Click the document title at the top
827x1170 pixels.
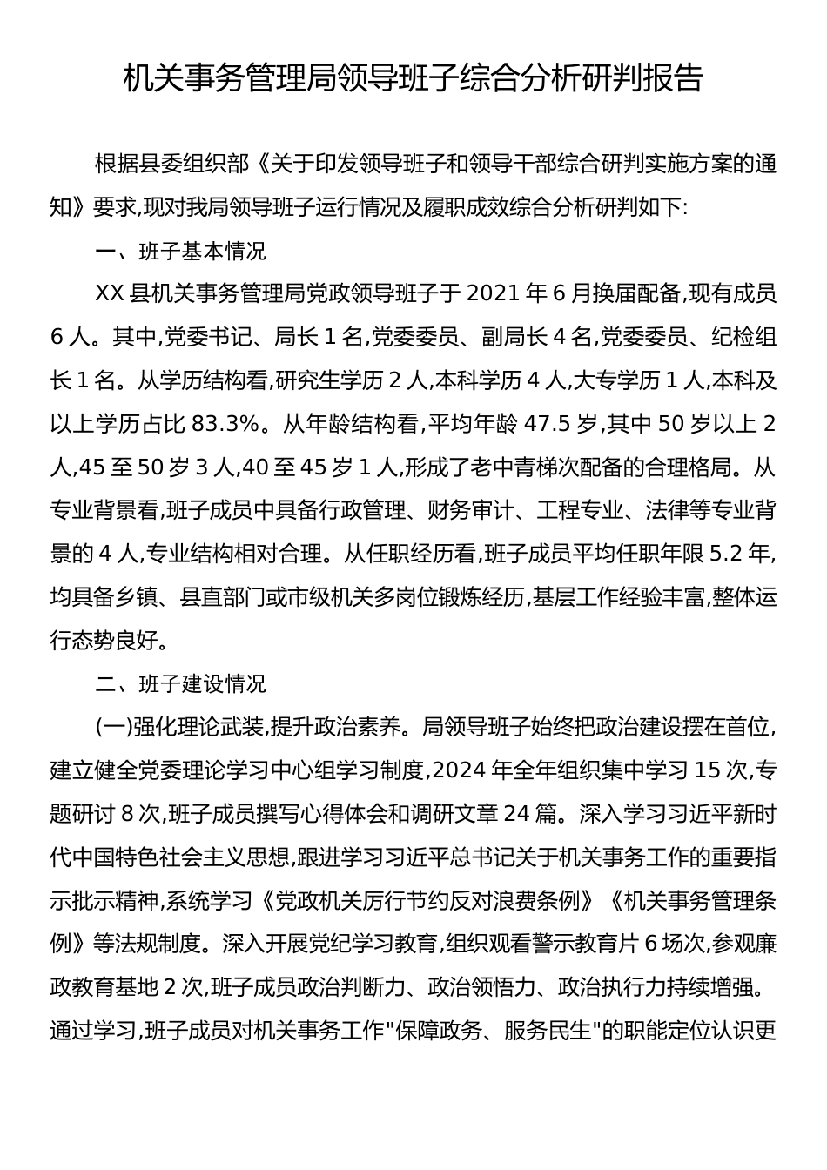[x=413, y=79]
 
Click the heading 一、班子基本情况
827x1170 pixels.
[x=180, y=252]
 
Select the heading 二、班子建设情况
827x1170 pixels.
[x=180, y=684]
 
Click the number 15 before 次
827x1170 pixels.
[x=709, y=770]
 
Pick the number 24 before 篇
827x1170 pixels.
[x=516, y=814]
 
